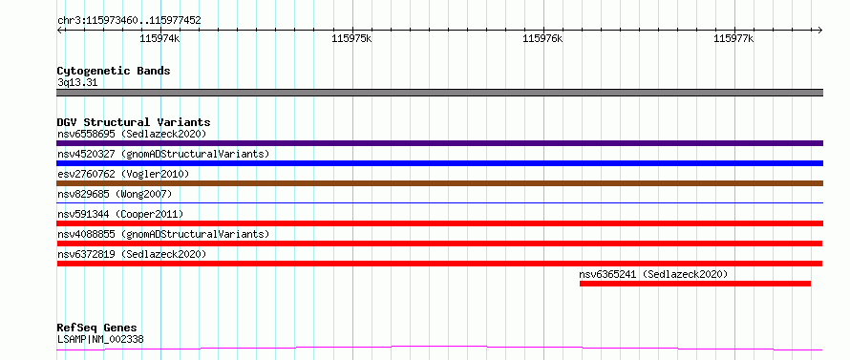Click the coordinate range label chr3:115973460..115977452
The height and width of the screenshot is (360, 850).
(129, 21)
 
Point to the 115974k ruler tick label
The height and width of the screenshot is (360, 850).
(159, 38)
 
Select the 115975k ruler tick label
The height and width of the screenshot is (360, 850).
(351, 38)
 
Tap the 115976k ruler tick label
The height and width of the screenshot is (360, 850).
(542, 38)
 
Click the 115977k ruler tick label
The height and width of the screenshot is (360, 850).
(734, 38)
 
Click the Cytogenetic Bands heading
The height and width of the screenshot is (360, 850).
(114, 71)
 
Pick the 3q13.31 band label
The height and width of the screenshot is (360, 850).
(77, 83)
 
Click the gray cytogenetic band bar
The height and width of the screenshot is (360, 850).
(439, 93)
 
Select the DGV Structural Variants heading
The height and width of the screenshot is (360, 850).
(134, 122)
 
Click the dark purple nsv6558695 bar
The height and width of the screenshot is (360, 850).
(439, 143)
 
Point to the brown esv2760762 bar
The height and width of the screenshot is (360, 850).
(439, 183)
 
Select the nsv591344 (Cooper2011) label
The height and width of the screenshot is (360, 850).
(120, 214)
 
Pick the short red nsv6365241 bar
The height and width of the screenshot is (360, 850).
(695, 284)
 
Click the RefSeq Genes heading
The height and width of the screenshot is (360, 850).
(97, 328)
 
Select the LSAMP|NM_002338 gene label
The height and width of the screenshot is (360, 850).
(100, 340)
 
